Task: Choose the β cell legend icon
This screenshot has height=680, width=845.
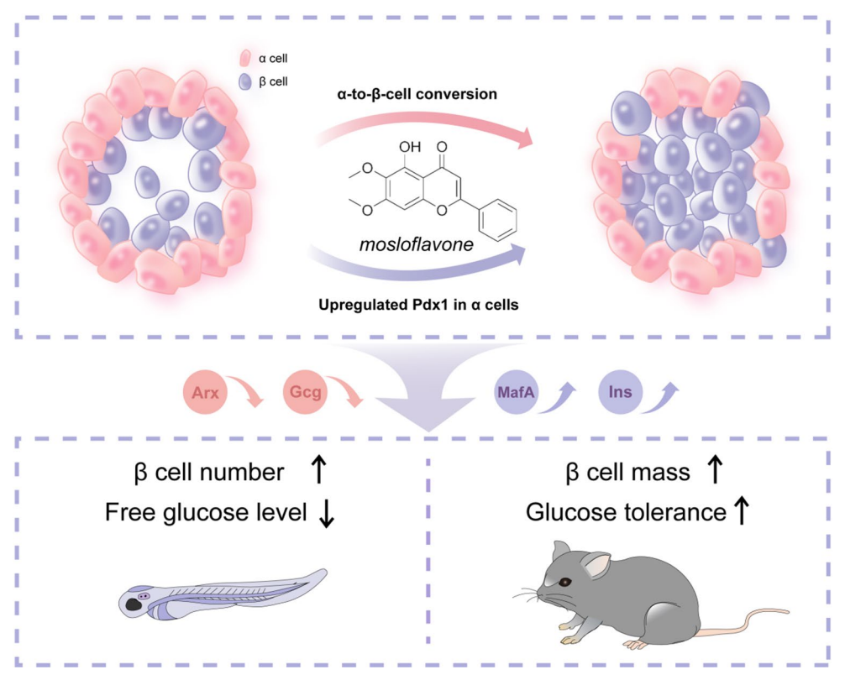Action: click(x=245, y=81)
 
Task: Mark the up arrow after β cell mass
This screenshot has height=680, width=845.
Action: click(x=715, y=471)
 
